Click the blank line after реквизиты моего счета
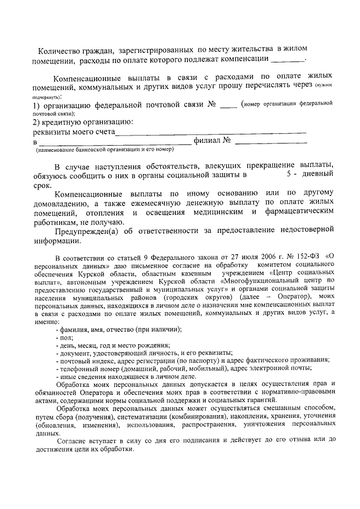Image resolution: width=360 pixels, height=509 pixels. [210, 133]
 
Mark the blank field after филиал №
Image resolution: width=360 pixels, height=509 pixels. [271, 142]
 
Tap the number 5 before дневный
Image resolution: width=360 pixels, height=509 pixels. [289, 175]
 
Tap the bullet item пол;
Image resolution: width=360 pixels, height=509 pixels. [62, 337]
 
